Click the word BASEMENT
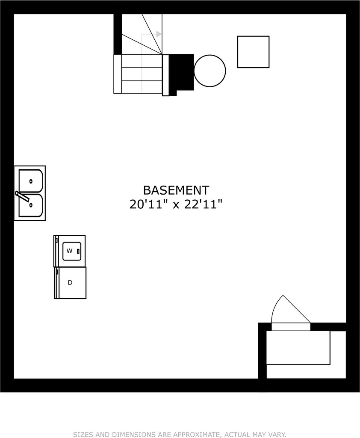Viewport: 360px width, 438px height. [x=176, y=190]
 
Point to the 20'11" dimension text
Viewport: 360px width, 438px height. [x=146, y=204]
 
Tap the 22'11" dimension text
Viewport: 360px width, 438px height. [x=204, y=204]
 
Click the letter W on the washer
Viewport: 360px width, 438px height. [x=69, y=251]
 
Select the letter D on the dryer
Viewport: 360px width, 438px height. [x=70, y=282]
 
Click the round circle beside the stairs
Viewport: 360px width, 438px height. [x=210, y=71]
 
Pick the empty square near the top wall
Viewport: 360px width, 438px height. [x=253, y=52]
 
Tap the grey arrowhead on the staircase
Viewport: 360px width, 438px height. [x=159, y=34]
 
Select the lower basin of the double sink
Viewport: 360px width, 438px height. [x=31, y=206]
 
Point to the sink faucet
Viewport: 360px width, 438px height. [x=22, y=196]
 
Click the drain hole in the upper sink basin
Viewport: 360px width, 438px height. [x=31, y=181]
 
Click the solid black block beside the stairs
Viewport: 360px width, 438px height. [x=182, y=73]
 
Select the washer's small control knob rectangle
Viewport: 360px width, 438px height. [x=78, y=251]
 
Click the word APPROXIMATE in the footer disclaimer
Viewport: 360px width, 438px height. [x=195, y=435]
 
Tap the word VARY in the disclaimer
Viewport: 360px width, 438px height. [x=277, y=435]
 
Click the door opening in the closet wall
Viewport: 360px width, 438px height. [x=291, y=326]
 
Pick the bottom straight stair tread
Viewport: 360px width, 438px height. [x=138, y=86]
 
